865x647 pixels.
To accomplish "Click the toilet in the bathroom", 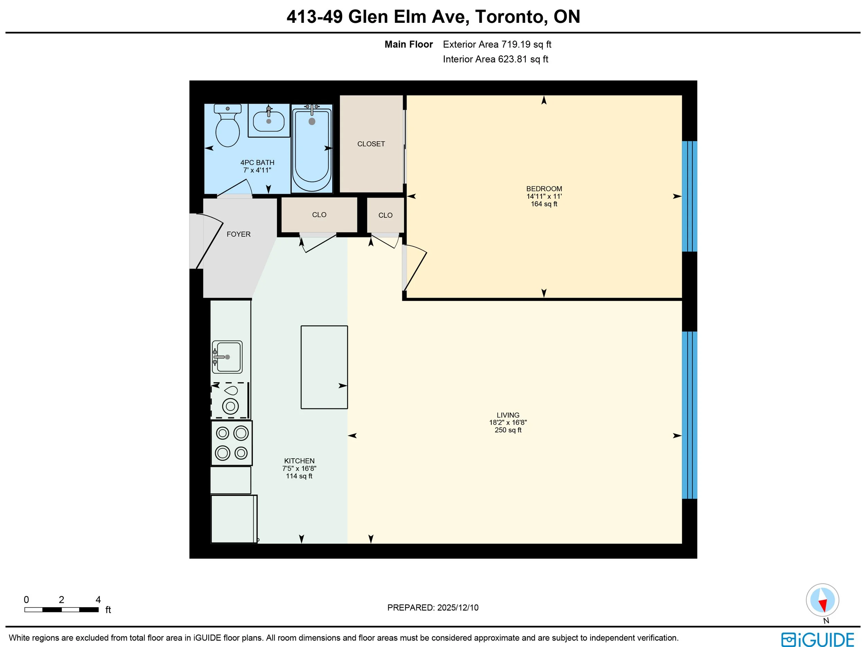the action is [228, 125].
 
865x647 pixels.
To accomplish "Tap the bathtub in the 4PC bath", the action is [312, 149].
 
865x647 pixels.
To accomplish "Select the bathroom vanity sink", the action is [268, 120].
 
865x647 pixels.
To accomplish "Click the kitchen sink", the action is [227, 357].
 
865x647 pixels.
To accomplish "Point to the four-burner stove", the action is [231, 443].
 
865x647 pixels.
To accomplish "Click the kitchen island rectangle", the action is [324, 367].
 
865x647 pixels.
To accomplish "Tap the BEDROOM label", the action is [544, 189].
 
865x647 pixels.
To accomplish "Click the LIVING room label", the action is [508, 415].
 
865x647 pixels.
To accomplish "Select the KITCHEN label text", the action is [299, 461].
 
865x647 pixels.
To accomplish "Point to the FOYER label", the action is [238, 234].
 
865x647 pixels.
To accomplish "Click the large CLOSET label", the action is [371, 144].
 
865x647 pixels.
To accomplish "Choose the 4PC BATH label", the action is [257, 162].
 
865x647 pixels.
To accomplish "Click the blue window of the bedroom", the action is [690, 196].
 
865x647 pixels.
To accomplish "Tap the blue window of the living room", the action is [690, 415].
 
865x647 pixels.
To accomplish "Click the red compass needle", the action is [823, 605].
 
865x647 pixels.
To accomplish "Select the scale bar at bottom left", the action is [61, 609].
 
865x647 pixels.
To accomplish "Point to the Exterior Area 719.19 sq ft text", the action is [497, 45].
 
